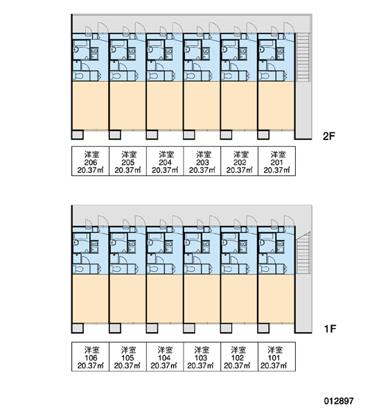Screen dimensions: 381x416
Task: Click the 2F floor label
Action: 329,136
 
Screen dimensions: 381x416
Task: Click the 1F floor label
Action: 330,329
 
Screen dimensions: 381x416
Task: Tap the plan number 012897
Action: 339,401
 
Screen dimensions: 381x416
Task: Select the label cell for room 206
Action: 91,161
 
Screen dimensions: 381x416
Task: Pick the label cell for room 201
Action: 276,161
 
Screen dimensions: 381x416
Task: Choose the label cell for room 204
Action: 165,161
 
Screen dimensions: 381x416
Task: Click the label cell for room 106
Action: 91,356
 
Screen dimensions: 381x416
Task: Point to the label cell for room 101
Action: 276,356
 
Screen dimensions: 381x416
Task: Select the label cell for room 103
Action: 202,356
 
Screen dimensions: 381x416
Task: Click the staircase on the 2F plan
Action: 303,57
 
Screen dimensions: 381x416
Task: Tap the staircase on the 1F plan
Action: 303,253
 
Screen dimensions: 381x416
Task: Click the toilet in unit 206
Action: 79,76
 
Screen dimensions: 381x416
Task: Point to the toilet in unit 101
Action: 265,269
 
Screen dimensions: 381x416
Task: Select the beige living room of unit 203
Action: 202,106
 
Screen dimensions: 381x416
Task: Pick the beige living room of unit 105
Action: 127,299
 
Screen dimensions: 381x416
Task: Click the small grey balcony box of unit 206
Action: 78,135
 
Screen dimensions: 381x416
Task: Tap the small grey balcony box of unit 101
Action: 263,329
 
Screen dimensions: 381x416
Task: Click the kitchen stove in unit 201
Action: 280,54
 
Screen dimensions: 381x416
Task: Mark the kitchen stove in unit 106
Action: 94,247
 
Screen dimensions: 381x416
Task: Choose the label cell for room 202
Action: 240,161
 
